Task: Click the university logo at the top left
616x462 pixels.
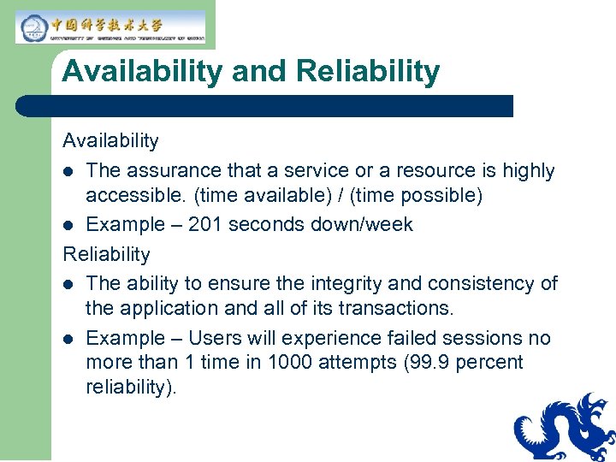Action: [x=110, y=27]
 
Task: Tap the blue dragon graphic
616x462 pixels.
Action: [x=566, y=427]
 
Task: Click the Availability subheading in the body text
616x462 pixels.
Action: [x=110, y=140]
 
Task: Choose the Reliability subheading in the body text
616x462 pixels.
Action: [x=106, y=254]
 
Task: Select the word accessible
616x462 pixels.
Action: [x=134, y=196]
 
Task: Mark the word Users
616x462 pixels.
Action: [x=214, y=338]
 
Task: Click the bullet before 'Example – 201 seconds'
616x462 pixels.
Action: [x=69, y=225]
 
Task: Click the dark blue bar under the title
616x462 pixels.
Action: [x=264, y=106]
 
